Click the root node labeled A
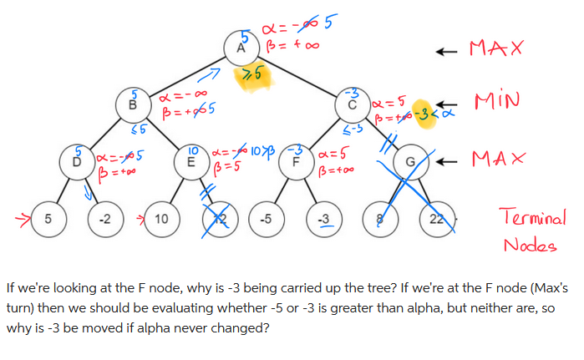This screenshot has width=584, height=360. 242,47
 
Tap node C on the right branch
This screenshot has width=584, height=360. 353,104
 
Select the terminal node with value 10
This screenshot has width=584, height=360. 161,220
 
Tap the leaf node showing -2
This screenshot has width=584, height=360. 104,220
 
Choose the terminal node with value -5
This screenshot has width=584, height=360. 266,220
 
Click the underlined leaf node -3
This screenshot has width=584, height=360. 322,220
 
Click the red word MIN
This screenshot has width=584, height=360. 497,102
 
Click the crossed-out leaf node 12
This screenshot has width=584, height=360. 218,220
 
